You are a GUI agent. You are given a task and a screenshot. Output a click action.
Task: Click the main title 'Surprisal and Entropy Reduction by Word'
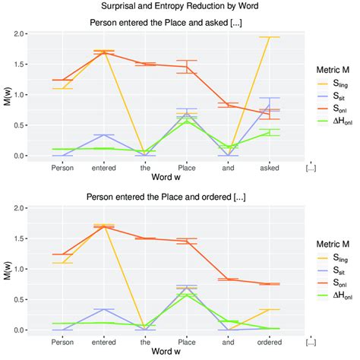pos(180,8)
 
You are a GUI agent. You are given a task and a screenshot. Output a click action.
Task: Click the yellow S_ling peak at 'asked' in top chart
pos(269,37)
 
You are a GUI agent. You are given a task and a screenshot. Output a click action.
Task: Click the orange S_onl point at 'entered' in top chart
pos(104,52)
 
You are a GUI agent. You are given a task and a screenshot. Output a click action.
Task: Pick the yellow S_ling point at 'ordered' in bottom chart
pos(269,309)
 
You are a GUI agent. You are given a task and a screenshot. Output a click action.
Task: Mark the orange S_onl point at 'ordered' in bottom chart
pos(269,284)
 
